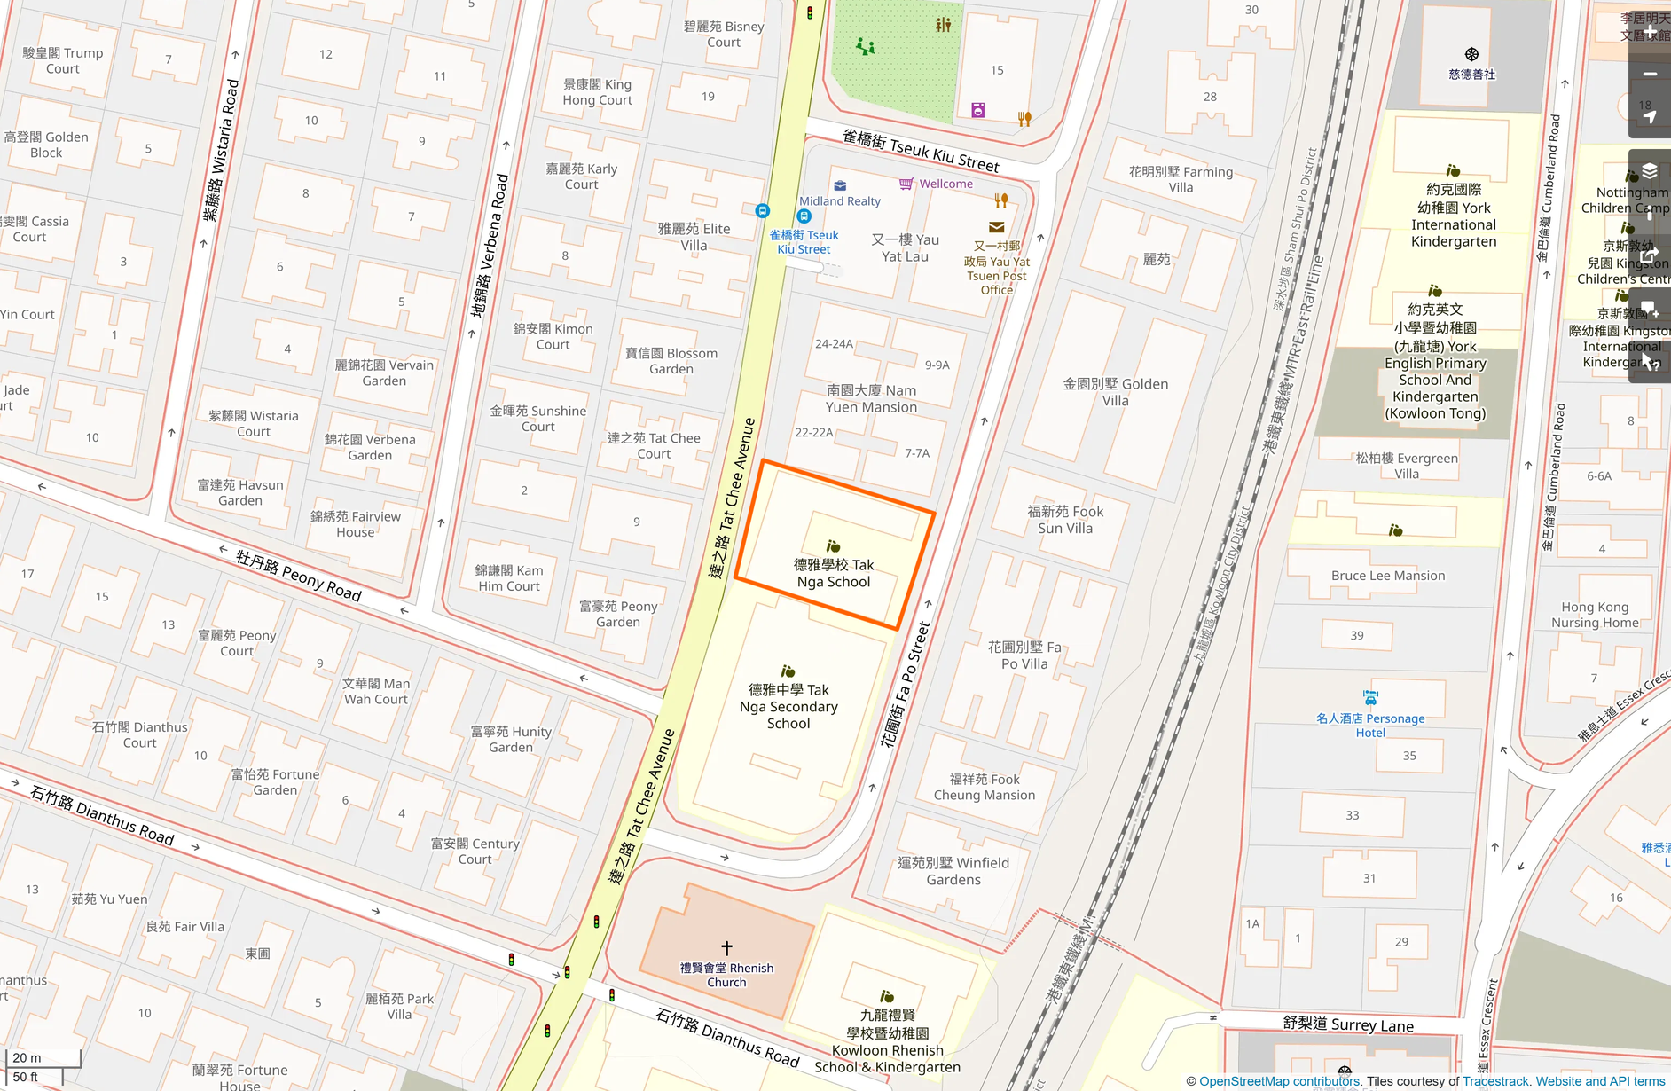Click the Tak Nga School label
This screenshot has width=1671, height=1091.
click(833, 573)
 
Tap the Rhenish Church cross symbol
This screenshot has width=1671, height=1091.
click(726, 948)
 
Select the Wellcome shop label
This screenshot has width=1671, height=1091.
click(945, 184)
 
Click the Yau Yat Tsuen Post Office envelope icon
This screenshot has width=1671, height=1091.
click(997, 227)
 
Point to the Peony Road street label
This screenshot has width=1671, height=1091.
click(299, 576)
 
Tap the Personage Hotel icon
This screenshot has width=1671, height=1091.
click(1370, 698)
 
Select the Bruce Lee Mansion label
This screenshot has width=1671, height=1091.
click(1387, 576)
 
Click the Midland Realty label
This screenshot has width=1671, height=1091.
click(839, 201)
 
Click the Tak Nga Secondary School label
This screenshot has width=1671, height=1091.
click(788, 706)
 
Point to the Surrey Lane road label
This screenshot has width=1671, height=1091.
click(1348, 1024)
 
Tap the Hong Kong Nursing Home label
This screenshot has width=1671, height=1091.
click(1594, 615)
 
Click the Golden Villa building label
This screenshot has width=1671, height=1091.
click(1115, 392)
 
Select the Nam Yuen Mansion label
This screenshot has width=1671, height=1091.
click(871, 398)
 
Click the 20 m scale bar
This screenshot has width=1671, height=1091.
click(43, 1058)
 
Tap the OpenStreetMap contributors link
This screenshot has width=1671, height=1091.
click(1279, 1081)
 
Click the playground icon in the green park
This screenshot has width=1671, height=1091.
click(865, 46)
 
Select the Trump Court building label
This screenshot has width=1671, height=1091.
click(62, 60)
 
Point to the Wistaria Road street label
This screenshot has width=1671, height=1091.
click(222, 151)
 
